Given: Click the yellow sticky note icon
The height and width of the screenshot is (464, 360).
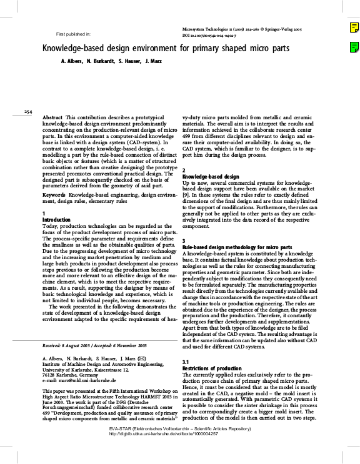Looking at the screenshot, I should point(353,27).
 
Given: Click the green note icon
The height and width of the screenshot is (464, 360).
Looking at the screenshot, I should point(353,46).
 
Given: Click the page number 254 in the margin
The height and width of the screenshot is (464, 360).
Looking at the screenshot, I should point(27,111).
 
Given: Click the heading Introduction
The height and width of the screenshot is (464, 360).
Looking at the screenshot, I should point(56,220).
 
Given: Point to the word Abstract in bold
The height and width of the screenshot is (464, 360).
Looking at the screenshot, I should point(52,117).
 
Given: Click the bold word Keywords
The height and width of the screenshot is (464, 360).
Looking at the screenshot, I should point(54,195).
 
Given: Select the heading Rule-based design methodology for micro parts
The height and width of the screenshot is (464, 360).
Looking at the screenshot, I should point(237,247).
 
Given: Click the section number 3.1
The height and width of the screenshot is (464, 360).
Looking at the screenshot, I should point(186,362).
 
